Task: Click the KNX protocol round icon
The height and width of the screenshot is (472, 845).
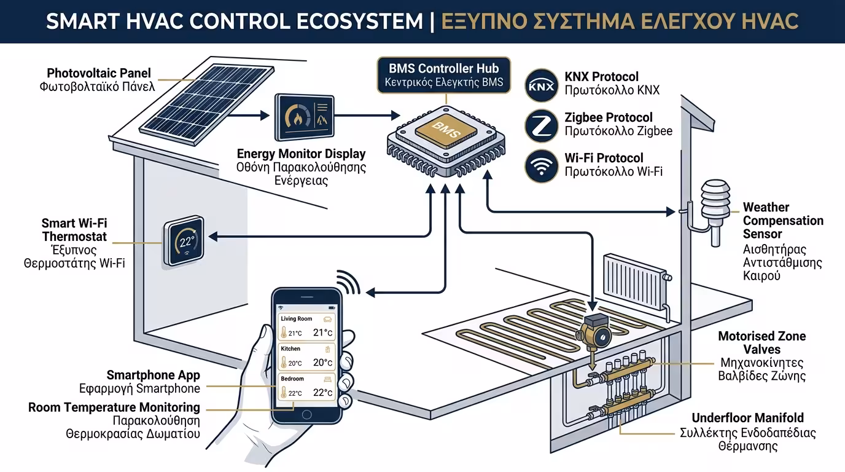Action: [541, 84]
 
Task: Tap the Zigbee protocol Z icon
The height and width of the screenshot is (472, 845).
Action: [541, 125]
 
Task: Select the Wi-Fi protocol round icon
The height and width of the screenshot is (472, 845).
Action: [541, 165]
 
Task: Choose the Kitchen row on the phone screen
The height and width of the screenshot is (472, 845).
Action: [306, 357]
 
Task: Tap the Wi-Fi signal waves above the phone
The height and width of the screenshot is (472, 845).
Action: [348, 283]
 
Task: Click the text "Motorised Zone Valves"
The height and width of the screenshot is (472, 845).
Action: [761, 343]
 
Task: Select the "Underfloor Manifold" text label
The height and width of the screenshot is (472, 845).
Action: [747, 418]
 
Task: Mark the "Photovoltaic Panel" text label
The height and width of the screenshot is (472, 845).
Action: [98, 73]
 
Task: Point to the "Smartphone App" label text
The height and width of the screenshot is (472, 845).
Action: [153, 376]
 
